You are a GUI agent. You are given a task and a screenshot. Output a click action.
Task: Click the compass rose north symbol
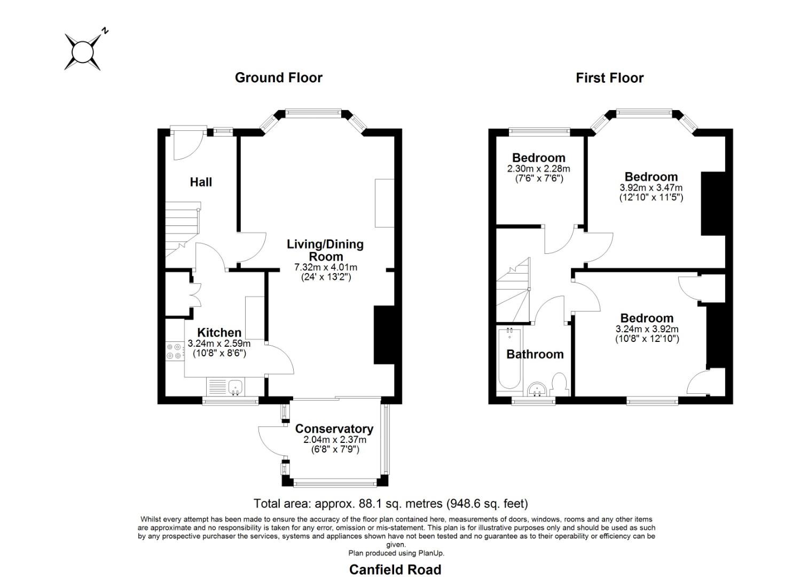click(83, 52)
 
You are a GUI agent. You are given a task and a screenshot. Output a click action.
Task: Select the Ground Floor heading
click(278, 78)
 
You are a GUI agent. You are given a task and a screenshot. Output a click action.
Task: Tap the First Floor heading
click(609, 78)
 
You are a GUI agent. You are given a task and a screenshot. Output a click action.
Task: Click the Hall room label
click(201, 182)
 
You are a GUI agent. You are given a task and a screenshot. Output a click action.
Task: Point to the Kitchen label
click(219, 333)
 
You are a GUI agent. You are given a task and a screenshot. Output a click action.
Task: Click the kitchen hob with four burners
click(174, 352)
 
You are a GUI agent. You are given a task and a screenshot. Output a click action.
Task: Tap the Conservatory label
click(334, 429)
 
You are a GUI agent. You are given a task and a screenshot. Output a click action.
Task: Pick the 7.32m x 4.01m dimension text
click(325, 267)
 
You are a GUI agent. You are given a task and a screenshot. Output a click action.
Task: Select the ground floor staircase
click(182, 230)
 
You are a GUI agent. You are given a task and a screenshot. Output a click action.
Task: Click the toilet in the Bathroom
click(559, 385)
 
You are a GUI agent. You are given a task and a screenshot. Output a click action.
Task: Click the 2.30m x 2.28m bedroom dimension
click(538, 169)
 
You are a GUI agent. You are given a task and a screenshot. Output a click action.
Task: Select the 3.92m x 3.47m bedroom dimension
click(651, 188)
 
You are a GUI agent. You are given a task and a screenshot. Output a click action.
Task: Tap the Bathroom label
click(535, 354)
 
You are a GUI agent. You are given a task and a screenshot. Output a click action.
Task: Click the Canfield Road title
click(395, 570)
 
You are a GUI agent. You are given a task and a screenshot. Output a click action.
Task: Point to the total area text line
click(390, 503)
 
